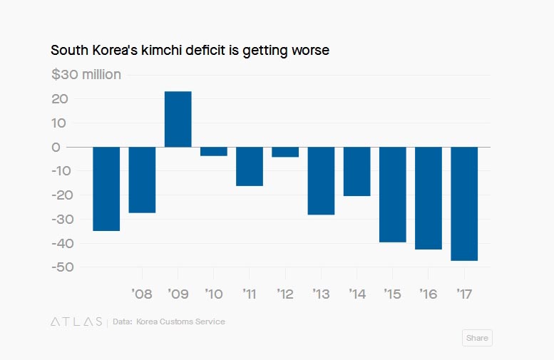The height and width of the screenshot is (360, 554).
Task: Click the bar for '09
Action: pyautogui.click(x=178, y=119)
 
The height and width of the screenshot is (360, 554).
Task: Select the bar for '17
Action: pyautogui.click(x=464, y=203)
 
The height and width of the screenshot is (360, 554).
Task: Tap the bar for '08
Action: pyautogui.click(x=142, y=180)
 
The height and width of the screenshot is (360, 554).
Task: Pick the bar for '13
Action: pyautogui.click(x=321, y=180)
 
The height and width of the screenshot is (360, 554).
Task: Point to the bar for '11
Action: pyautogui.click(x=250, y=166)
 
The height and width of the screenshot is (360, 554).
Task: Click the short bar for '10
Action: pyautogui.click(x=214, y=151)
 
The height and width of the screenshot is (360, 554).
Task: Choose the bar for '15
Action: pyautogui.click(x=392, y=195)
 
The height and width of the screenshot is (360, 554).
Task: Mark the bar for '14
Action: pyautogui.click(x=356, y=171)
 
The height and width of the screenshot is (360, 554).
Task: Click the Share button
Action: pyautogui.click(x=477, y=338)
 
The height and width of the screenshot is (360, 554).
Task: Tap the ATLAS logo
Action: pyautogui.click(x=76, y=322)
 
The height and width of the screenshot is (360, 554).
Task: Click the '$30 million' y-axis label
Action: pyautogui.click(x=86, y=75)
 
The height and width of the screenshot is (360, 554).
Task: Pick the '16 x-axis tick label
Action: pyautogui.click(x=427, y=294)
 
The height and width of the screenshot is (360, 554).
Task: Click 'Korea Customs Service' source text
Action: pyautogui.click(x=180, y=322)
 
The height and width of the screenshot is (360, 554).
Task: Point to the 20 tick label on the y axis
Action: pyautogui.click(x=61, y=99)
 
